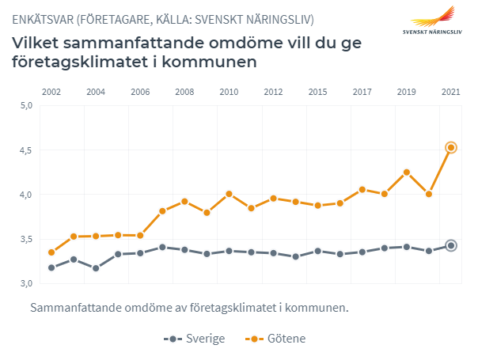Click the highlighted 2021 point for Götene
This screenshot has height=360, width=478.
coord(451,147)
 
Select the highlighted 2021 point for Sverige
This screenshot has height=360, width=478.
coord(451,245)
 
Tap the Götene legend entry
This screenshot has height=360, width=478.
coord(276,339)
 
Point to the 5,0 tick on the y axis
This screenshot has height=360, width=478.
coord(25,105)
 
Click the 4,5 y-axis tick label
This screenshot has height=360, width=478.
coord(25,150)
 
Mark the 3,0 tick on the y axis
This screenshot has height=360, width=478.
coord(25,283)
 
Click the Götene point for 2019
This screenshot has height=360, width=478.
coord(407,172)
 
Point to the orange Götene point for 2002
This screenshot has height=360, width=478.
coord(51,252)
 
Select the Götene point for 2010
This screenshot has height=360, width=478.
coord(229,194)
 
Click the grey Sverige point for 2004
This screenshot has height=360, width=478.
coord(96,268)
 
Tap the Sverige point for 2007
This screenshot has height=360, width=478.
coord(162,247)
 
